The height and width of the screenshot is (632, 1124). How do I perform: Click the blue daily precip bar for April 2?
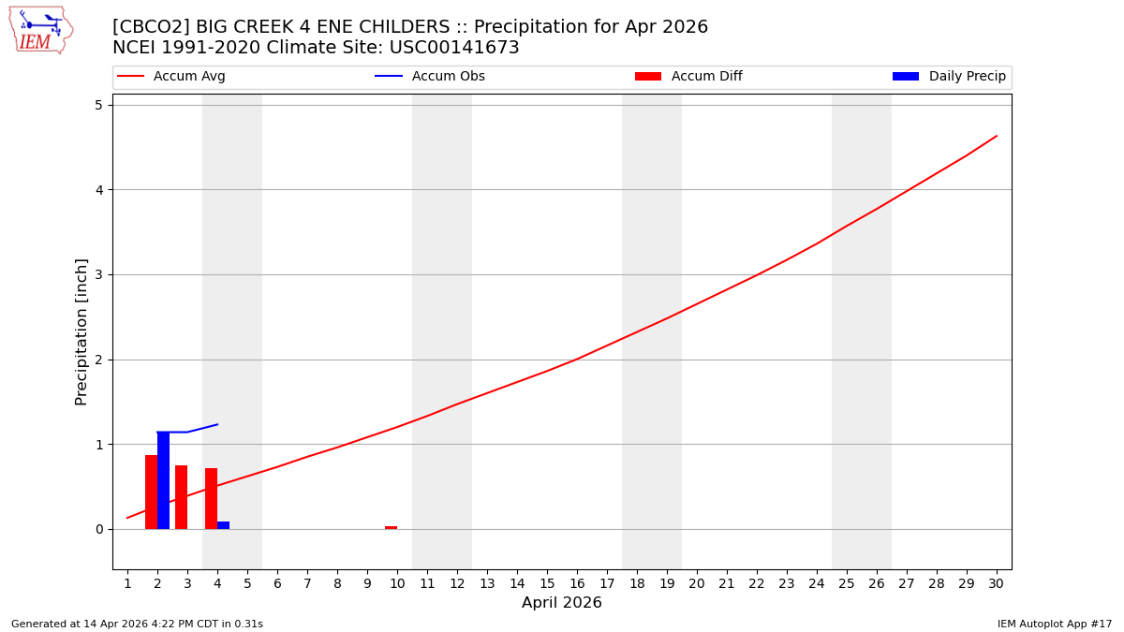pyautogui.click(x=163, y=480)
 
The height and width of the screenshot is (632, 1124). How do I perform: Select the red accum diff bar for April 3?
pyautogui.click(x=181, y=497)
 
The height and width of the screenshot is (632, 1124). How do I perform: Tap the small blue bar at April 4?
pyautogui.click(x=223, y=525)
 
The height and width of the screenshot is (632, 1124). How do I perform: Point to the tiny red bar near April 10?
pyautogui.click(x=391, y=527)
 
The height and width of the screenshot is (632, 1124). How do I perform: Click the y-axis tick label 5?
pyautogui.click(x=97, y=105)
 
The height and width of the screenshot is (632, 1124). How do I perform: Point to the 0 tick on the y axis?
pyautogui.click(x=97, y=529)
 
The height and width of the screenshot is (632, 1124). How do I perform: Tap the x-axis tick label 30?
pyautogui.click(x=996, y=583)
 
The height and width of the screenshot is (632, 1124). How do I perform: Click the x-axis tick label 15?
pyautogui.click(x=547, y=583)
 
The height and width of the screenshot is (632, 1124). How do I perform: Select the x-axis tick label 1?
pyautogui.click(x=127, y=583)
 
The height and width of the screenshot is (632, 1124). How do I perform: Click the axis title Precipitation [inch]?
pyautogui.click(x=81, y=331)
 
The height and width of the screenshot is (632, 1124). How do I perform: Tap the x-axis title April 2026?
pyautogui.click(x=561, y=603)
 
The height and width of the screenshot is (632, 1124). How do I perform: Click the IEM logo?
pyautogui.click(x=40, y=30)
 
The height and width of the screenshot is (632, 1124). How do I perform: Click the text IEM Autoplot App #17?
pyautogui.click(x=1054, y=624)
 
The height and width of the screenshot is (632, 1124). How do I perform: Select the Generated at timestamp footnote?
pyautogui.click(x=137, y=624)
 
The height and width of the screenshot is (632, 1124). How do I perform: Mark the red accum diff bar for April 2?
pyautogui.click(x=151, y=492)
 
